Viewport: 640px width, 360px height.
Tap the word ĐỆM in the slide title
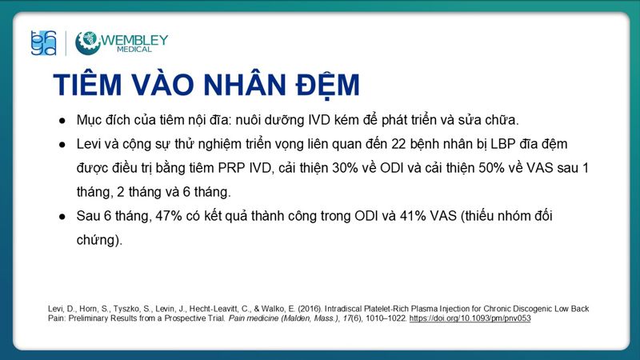pos(319,86)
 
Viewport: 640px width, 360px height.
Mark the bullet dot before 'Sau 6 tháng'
pos(62,217)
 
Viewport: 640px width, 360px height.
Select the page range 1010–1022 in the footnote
pos(383,318)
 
